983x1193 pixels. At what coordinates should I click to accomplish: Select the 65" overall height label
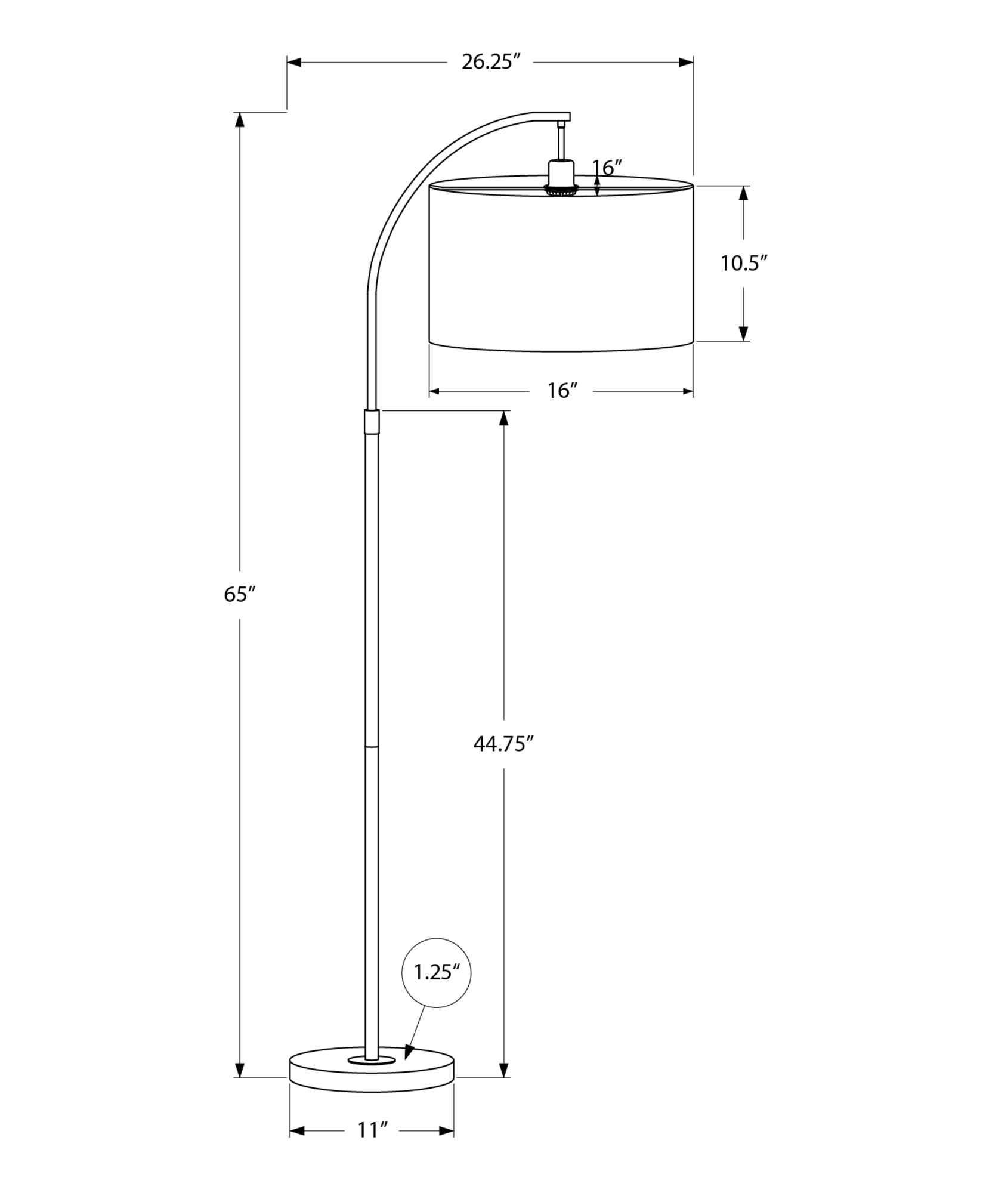coord(240,595)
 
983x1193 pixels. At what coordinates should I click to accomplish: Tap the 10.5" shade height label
coord(743,263)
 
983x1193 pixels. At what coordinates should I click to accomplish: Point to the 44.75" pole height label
coord(503,744)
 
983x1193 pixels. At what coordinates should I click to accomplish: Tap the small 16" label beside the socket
coord(607,169)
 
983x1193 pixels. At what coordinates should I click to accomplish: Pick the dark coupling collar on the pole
coord(371,422)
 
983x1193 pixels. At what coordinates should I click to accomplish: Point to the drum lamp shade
coord(561,265)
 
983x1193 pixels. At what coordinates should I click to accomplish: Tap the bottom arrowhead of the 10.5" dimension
coord(743,333)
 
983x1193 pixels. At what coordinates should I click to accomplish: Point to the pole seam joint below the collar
coord(371,746)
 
